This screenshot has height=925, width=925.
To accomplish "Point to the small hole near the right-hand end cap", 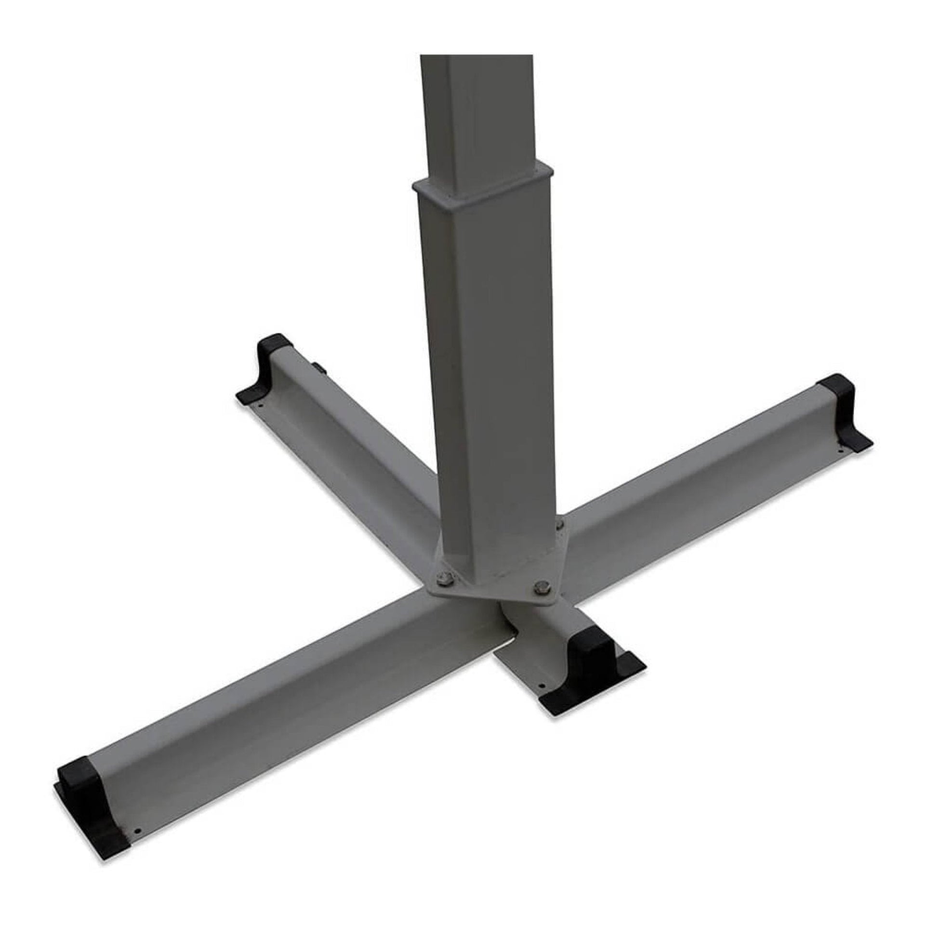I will [x=841, y=450].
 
